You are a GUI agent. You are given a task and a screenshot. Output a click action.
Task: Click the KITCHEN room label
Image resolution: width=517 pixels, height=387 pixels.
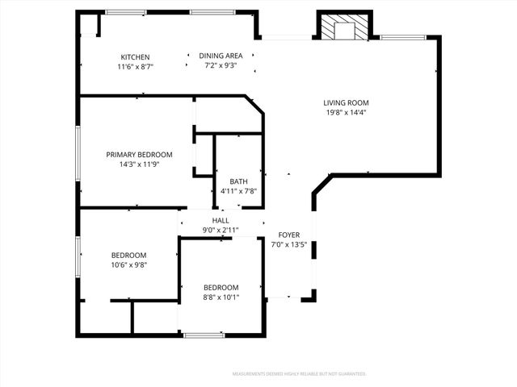(135, 57)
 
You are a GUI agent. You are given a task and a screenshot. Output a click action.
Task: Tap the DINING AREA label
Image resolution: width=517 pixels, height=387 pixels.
(221, 56)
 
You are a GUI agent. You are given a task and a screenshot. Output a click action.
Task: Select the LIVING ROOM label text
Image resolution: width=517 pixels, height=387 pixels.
(346, 102)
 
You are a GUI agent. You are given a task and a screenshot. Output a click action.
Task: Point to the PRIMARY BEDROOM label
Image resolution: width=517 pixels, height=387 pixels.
(139, 154)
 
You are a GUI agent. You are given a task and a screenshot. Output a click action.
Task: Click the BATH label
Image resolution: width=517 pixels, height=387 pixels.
(238, 181)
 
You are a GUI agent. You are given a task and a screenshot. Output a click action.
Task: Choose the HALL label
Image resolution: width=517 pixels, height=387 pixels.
(221, 220)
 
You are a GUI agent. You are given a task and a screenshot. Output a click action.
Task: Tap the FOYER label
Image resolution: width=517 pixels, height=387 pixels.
(289, 235)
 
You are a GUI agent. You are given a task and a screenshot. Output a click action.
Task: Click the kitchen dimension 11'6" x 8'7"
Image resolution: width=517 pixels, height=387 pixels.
(135, 67)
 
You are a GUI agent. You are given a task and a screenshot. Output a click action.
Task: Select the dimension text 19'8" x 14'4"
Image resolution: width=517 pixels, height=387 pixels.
(346, 112)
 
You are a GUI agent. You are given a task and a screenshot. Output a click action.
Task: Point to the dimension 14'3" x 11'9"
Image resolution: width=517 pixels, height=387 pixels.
(139, 164)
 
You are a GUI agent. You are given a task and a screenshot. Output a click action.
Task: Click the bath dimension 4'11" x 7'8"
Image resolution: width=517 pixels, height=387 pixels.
(238, 191)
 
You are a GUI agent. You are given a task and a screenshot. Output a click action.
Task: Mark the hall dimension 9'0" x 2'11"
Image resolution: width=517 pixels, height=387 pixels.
(221, 230)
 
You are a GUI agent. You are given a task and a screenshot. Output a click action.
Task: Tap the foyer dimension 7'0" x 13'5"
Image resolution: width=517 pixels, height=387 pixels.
(289, 244)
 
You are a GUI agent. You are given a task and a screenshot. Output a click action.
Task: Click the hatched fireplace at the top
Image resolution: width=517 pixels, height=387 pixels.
(345, 28)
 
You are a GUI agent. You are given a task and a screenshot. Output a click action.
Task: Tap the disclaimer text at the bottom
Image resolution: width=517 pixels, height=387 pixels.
(299, 374)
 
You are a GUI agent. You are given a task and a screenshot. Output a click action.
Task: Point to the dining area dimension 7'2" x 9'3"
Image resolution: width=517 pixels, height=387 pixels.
(221, 65)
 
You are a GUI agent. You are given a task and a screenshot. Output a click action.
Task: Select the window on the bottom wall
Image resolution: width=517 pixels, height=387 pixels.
(204, 334)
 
